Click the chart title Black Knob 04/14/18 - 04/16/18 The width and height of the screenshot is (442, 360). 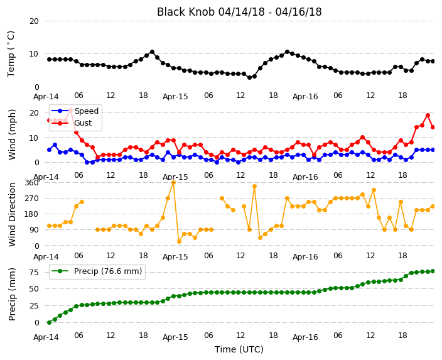click(x=239, y=12)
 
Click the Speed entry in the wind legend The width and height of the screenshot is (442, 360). click(x=86, y=111)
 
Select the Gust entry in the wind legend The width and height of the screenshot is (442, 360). click(x=83, y=123)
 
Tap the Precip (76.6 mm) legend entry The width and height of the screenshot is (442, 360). click(x=108, y=271)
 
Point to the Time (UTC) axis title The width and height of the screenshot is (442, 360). click(x=239, y=349)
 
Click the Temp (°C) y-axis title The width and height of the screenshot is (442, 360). click(x=11, y=54)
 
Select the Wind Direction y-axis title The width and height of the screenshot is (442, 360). click(x=12, y=214)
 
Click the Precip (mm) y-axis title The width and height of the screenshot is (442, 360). click(x=11, y=294)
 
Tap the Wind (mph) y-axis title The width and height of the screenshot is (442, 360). click(x=12, y=134)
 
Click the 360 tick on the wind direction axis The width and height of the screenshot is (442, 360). click(x=31, y=183)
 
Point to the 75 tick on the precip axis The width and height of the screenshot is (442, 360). click(x=34, y=273)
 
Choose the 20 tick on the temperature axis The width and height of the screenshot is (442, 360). click(x=34, y=21)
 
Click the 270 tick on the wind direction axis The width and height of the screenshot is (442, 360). click(x=31, y=199)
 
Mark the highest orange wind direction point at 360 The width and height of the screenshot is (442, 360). click(x=173, y=183)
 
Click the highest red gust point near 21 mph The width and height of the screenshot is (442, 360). click(x=71, y=111)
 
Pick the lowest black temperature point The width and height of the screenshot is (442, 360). click(x=249, y=77)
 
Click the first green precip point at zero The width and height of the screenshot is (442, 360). click(x=50, y=322)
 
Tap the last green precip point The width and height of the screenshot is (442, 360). click(x=433, y=271)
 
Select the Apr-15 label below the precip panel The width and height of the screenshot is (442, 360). click(x=175, y=337)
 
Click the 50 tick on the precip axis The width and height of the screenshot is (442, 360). click(x=34, y=289)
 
